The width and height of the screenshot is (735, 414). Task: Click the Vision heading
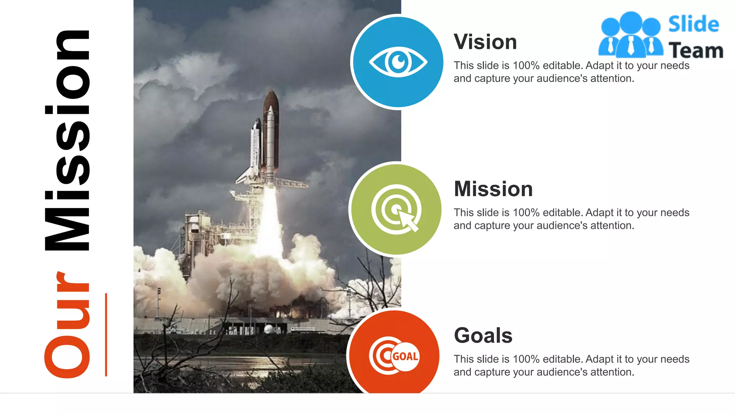[485, 42]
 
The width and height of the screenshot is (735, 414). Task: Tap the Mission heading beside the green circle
[493, 189]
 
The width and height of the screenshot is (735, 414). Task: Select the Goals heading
[483, 336]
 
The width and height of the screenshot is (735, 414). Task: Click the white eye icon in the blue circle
[398, 62]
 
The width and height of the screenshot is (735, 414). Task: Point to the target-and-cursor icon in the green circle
[396, 210]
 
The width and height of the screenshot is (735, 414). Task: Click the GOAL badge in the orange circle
[405, 356]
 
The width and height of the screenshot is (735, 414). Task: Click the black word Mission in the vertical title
[67, 140]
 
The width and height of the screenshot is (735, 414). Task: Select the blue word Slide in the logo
[693, 24]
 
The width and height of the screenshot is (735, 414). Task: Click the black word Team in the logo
[696, 51]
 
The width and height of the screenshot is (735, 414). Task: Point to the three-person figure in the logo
[631, 35]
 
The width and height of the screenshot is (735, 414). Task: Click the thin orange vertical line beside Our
[106, 335]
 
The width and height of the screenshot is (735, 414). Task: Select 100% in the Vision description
[526, 66]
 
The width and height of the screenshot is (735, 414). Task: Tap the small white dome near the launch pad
[268, 329]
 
